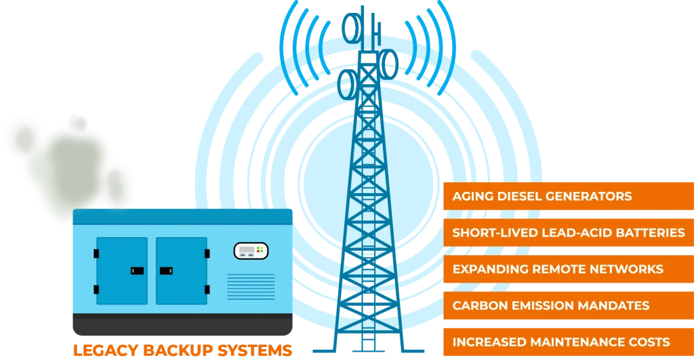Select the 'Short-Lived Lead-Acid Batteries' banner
pos(568,233)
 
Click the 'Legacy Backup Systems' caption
pos(182,351)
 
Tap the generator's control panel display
pos(251,251)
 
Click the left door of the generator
pos(122,270)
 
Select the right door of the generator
pos(181,270)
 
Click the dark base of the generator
pos(182,325)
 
